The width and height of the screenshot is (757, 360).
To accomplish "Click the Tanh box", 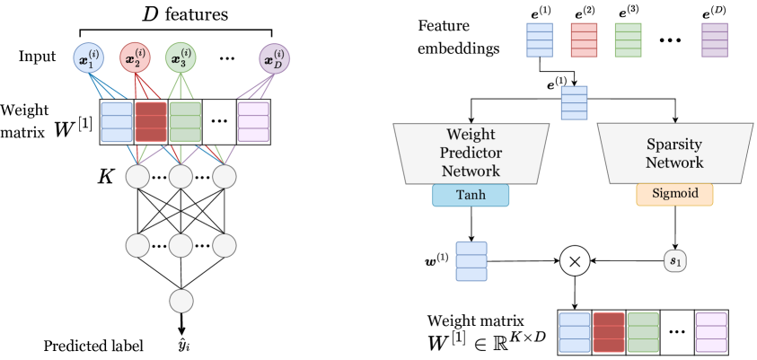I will coord(471,195).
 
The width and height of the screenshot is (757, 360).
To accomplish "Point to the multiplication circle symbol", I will coord(574,262).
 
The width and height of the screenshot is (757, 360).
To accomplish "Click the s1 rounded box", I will coord(675,262).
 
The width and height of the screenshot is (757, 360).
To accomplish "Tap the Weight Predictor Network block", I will coord(471,154).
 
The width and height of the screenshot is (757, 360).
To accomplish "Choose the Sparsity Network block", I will coord(675,154).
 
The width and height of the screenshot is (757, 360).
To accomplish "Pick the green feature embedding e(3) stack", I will coord(629,40).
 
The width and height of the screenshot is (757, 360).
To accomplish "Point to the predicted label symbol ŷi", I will coord(183,344).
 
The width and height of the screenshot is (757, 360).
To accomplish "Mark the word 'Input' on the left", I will coord(38,58).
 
